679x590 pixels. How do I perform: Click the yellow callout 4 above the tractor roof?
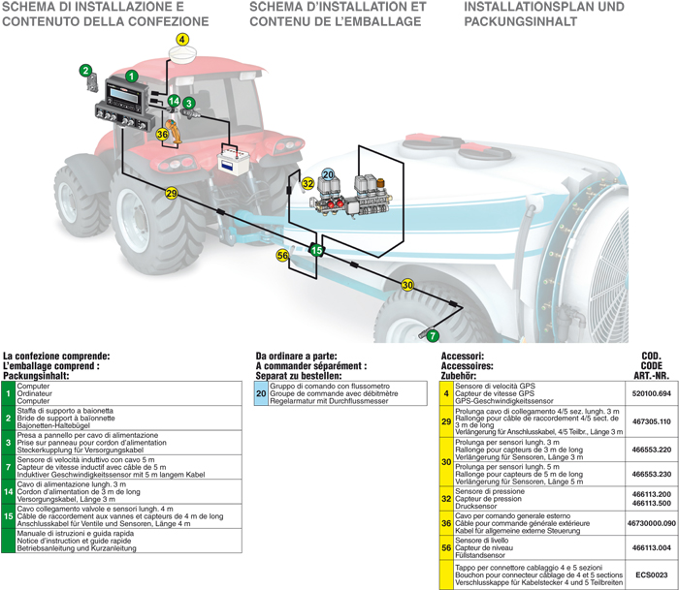[183, 41]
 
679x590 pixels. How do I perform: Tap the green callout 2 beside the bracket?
[85, 70]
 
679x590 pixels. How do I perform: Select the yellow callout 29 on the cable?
[172, 195]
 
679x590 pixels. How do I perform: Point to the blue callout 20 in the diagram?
[328, 174]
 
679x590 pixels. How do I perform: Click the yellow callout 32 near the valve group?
[307, 183]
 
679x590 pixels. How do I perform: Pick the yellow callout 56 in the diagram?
[283, 256]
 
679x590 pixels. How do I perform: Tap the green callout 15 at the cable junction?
[316, 250]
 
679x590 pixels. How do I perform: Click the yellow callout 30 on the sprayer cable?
[407, 285]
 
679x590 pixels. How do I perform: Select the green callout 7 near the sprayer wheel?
[433, 335]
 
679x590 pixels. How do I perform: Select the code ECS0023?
[651, 574]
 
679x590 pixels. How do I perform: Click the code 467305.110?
[651, 422]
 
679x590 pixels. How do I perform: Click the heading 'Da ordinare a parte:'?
[297, 357]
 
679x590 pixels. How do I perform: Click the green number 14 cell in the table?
[8, 492]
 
